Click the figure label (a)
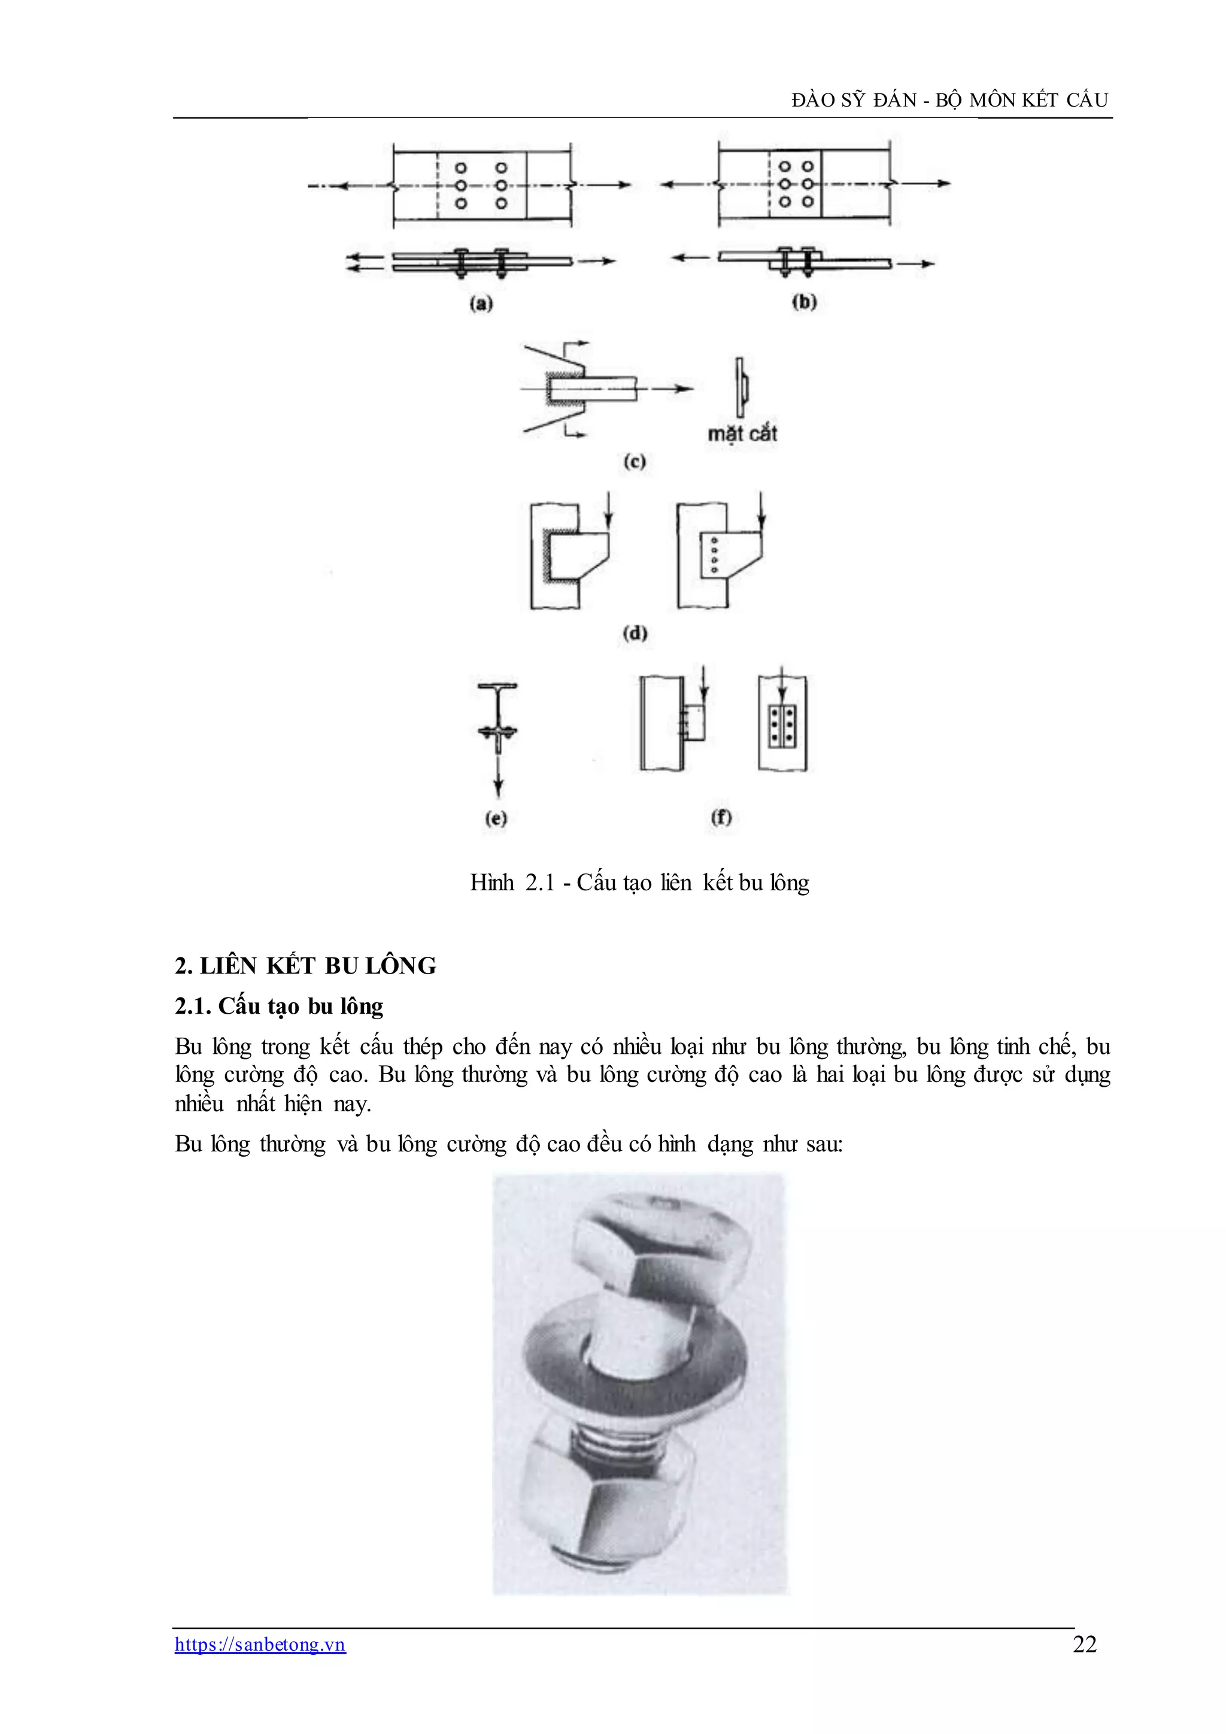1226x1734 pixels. coord(481,304)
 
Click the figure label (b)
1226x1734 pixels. coord(804,302)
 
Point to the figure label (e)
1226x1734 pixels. coord(496,819)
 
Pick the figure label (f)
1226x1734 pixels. coord(722,817)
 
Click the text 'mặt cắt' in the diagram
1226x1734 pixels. coord(742,434)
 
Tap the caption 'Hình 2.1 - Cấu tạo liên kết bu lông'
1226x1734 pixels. coord(639,882)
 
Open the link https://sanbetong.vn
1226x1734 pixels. coord(260,1644)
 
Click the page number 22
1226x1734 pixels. coord(1084,1644)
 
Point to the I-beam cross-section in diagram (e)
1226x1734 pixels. coord(497,710)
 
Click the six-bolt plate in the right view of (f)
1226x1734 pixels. coord(782,726)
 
